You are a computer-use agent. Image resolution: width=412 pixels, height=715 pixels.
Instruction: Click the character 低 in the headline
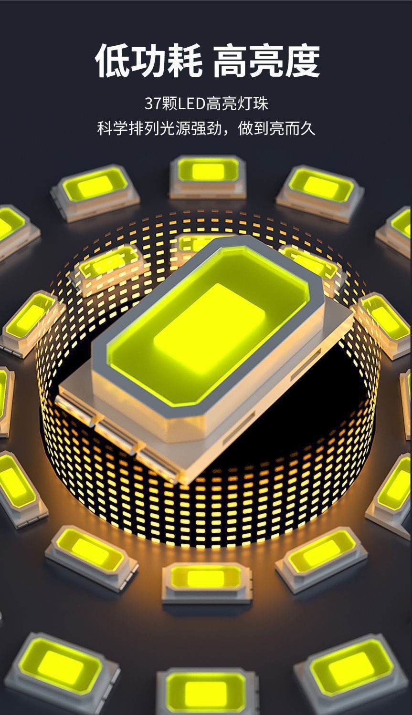tap(113, 60)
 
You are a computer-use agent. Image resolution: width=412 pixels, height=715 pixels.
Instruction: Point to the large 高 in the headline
tap(231, 60)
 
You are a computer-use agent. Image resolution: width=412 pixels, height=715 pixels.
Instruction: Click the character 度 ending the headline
tap(302, 60)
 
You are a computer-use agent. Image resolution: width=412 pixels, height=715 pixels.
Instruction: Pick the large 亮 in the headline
tap(266, 60)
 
